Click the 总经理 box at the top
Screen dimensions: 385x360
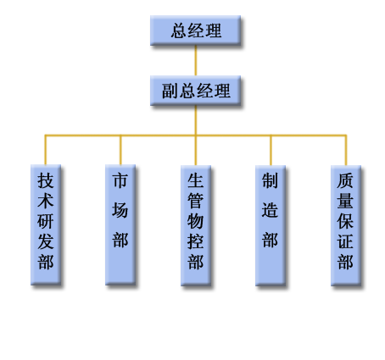coord(195,30)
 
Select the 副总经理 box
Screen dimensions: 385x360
coord(195,91)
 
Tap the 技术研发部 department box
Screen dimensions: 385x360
coord(46,224)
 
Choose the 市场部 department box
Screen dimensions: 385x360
coord(120,224)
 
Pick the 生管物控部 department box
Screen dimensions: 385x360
coord(196,225)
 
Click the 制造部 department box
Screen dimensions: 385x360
coord(271,225)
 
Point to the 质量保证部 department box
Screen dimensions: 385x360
coord(346,225)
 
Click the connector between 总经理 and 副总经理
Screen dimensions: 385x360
coord(196,60)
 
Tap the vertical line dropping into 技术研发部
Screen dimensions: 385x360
coord(46,150)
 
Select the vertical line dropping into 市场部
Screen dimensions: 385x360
coord(120,150)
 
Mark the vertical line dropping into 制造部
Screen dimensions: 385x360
coord(271,151)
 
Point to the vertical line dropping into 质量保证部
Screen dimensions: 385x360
coord(346,151)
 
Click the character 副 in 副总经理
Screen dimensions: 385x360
coord(170,91)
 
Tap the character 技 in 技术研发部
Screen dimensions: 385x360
coord(46,180)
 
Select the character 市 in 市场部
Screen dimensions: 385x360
coord(120,180)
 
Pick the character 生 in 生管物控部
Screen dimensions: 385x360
coord(195,180)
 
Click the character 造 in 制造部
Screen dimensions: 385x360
coord(270,210)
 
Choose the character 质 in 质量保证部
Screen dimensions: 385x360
coord(345,180)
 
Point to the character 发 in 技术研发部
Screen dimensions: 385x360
coord(46,241)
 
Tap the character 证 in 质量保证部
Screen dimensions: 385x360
coord(345,241)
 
